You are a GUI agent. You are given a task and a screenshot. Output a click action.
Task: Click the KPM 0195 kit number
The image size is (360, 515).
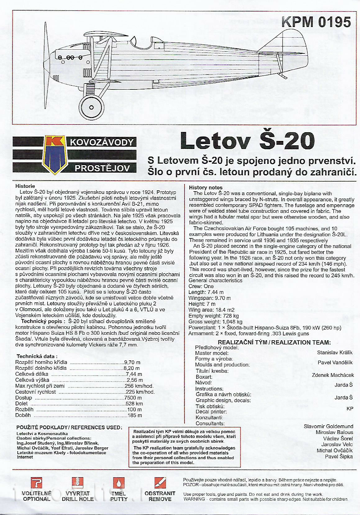point(316,22)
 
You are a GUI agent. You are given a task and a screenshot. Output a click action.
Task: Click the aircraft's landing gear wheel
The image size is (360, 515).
point(91,107)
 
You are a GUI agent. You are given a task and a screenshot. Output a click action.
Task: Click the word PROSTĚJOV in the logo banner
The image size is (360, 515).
point(102,169)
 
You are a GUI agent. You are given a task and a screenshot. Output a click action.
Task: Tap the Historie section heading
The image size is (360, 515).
point(25,186)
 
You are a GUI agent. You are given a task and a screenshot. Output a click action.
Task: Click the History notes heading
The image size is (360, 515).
point(206,187)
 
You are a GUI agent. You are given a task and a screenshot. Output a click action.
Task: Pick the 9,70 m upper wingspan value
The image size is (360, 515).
point(132,362)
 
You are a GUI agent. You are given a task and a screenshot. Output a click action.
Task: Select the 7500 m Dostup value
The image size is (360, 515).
point(133,398)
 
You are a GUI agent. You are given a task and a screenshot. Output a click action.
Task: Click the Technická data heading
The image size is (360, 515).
point(37,356)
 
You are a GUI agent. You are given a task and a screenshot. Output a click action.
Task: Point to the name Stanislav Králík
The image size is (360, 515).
point(335,352)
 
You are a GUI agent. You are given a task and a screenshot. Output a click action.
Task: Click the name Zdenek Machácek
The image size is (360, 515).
point(333,375)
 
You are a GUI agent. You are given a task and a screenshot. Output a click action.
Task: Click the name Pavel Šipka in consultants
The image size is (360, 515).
point(339,456)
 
